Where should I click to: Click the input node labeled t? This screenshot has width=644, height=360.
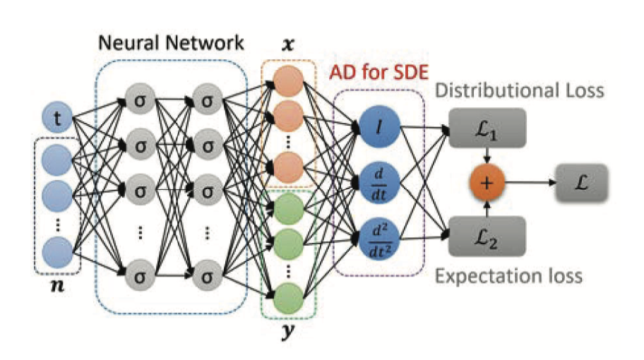point(56,119)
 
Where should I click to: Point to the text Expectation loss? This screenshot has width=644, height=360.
point(508,275)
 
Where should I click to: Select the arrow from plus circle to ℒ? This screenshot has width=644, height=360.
point(530,183)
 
